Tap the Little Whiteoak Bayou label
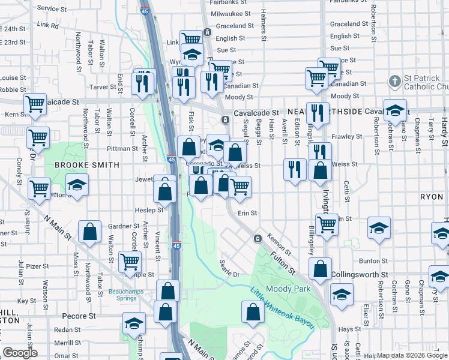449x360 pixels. point(282,308)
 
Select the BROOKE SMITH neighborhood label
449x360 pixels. point(87,164)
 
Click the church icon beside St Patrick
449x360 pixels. point(394,80)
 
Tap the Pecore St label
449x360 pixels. point(79,316)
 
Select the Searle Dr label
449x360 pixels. point(229,268)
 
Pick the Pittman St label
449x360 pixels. point(122,148)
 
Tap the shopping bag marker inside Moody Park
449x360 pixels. point(253,311)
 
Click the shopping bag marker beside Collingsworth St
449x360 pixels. point(321,269)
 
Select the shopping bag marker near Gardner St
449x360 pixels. point(89,232)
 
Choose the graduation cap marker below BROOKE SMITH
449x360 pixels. point(77,185)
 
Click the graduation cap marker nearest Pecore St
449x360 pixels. point(134,323)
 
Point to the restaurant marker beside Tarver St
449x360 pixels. point(142,82)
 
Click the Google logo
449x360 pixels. point(20,353)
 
